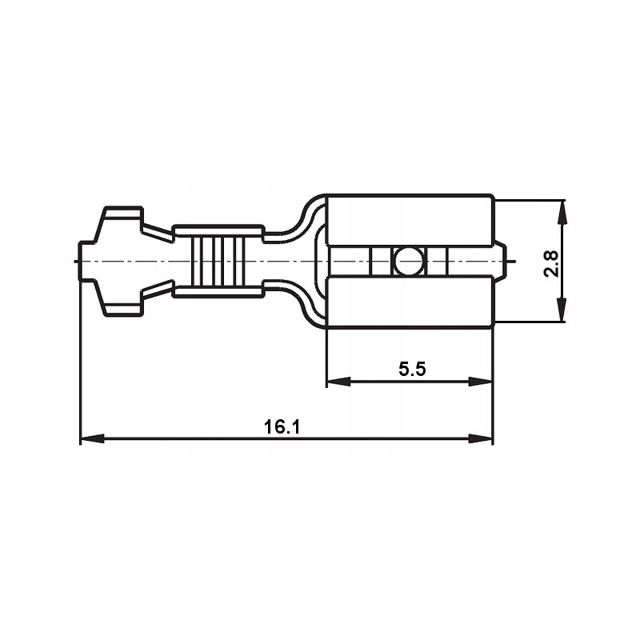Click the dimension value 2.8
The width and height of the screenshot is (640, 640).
click(550, 262)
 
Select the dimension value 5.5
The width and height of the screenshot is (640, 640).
click(412, 369)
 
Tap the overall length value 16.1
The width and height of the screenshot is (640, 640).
click(282, 427)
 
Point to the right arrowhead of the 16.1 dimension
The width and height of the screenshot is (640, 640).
click(482, 438)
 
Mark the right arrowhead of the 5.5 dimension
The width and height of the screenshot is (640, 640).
click(482, 382)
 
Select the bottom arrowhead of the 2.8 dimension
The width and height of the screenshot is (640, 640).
click(562, 310)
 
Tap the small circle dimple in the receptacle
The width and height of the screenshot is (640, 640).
click(409, 261)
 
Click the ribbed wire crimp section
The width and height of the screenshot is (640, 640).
click(218, 261)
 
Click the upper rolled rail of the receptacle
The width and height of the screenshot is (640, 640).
click(410, 221)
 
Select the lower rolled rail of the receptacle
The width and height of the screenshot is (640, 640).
click(410, 302)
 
